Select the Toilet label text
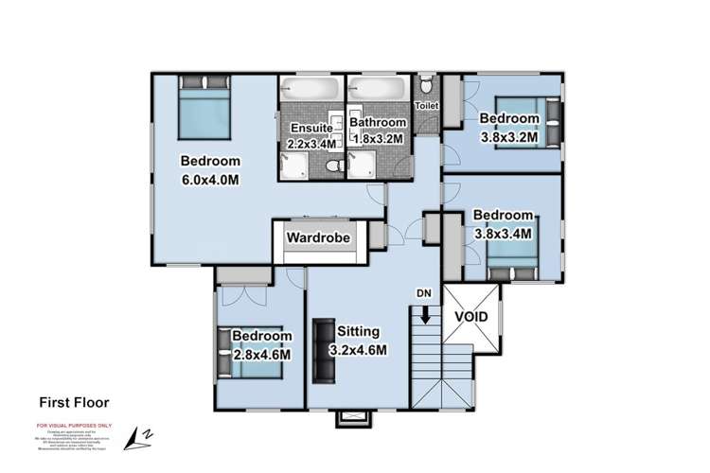pos(427,106)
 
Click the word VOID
pos(471,316)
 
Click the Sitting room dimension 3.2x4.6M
pos(357,348)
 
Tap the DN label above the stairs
pos(424,292)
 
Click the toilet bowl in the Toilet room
pos(426,89)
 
